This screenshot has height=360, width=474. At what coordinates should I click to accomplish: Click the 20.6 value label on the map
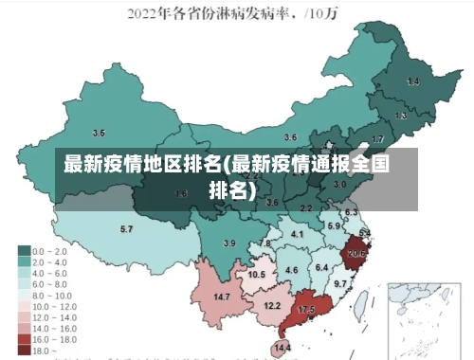point(356,253)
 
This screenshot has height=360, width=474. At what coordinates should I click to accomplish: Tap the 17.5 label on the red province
point(306,310)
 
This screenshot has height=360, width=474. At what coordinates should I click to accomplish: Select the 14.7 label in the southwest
point(222,297)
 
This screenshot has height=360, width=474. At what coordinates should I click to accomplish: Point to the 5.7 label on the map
point(126,229)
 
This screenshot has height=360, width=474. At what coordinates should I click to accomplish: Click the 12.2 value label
point(272,306)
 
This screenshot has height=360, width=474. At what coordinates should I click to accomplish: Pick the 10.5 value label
point(256,274)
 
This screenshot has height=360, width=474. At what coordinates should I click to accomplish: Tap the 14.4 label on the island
point(283,348)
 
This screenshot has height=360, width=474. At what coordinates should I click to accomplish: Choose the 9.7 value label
point(341,282)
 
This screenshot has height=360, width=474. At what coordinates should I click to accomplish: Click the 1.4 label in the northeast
point(412,82)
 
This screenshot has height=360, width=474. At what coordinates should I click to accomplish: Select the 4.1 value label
point(298,233)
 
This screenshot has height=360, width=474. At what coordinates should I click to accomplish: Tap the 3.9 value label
point(228,243)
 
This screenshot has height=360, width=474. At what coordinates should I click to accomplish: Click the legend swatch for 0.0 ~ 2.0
point(24,251)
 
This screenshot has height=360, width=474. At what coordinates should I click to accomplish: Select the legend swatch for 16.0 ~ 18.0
point(24,339)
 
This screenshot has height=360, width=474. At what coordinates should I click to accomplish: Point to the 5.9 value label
point(334,225)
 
